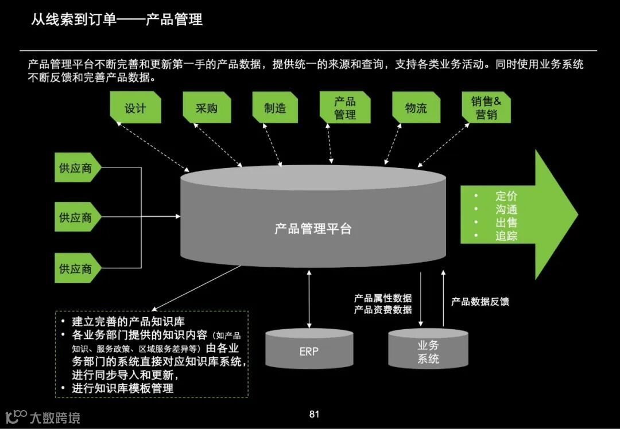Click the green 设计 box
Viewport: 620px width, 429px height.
(135, 108)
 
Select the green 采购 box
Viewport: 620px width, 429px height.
(206, 108)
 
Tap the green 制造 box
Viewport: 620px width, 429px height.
(275, 108)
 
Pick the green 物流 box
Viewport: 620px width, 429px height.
(416, 108)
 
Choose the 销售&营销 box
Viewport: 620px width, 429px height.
(486, 108)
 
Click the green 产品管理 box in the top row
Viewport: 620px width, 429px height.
(345, 108)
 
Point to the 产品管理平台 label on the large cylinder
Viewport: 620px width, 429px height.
(313, 229)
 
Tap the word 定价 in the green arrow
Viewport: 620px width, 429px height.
(506, 196)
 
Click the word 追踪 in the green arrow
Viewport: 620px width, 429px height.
(506, 236)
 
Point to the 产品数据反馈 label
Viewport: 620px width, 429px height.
(480, 302)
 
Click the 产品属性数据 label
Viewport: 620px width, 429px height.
(383, 298)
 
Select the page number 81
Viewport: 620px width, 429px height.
(314, 414)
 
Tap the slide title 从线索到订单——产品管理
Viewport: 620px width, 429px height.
(117, 20)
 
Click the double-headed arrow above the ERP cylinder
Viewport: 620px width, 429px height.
(309, 299)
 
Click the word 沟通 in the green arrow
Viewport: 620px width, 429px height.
(506, 209)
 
